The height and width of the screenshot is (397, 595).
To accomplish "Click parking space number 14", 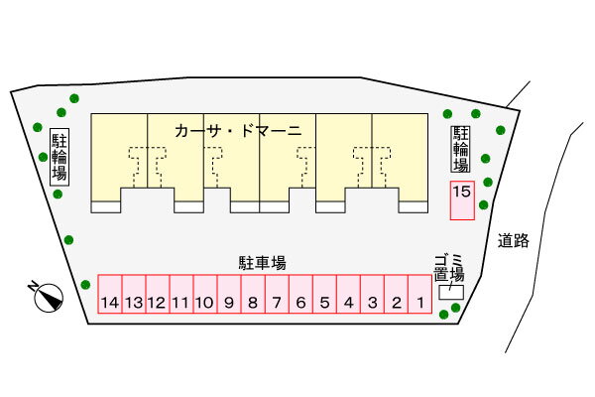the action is click(x=110, y=294).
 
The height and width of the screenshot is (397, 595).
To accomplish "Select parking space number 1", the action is click(x=420, y=294).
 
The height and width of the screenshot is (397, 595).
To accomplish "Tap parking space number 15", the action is click(x=462, y=200).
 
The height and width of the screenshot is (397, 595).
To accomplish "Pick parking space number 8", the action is click(x=253, y=294).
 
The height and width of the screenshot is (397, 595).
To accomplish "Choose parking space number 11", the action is click(x=181, y=294).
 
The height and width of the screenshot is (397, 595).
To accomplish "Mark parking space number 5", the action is click(x=324, y=294).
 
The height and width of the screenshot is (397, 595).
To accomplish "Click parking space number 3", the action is click(x=372, y=294).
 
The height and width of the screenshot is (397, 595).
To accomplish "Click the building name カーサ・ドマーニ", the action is click(x=238, y=131).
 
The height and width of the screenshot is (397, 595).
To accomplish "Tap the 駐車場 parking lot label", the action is click(x=262, y=263).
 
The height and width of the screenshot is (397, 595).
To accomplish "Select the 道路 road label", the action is click(x=514, y=240).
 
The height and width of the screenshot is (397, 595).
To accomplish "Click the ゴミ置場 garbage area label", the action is click(x=449, y=268).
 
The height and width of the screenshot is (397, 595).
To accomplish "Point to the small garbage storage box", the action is click(x=451, y=292).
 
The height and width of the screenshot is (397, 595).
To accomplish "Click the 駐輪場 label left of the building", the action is click(x=59, y=157).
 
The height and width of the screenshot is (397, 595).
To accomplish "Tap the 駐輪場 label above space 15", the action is click(x=461, y=149).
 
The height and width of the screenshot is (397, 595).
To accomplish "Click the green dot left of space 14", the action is click(x=85, y=285).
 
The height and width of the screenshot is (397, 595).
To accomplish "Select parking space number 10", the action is click(x=205, y=294).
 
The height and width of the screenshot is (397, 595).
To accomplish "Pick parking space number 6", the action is click(x=300, y=294).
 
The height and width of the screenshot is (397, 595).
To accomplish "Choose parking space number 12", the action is click(x=158, y=294).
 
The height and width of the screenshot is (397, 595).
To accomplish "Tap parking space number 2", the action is click(x=396, y=294).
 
